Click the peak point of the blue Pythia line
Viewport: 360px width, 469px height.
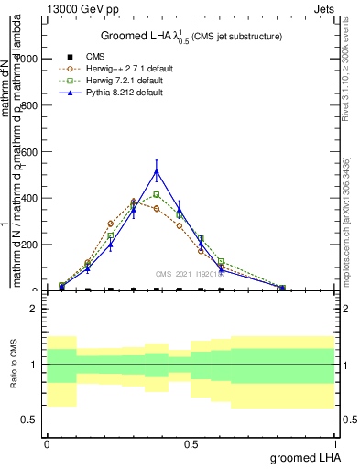click(157, 171)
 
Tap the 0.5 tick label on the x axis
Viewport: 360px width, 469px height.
click(191, 443)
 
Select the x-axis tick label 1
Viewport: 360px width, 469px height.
click(335, 443)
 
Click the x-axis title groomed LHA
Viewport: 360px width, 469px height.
click(303, 458)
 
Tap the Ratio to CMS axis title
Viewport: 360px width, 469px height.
click(13, 365)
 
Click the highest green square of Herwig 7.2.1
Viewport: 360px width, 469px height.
click(157, 194)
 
